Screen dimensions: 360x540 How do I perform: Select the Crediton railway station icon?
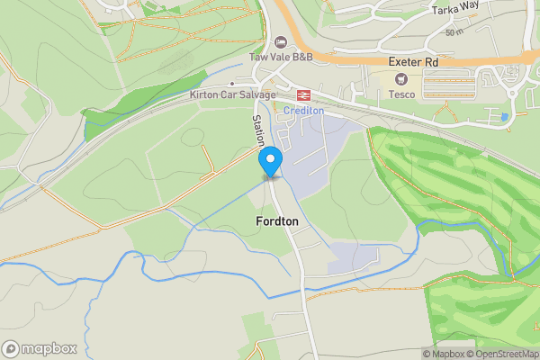coord(302,94)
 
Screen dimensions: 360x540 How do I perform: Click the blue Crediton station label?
coord(302,110)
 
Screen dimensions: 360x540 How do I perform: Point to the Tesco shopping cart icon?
coord(398,79)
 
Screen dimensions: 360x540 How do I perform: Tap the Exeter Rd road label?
coord(413,62)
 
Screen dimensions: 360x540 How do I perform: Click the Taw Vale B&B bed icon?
coord(281,41)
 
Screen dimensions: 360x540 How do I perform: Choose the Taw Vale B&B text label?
coord(281,57)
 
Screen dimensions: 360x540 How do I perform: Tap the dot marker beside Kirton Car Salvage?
coord(231,84)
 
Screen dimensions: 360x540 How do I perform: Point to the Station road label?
coord(258,130)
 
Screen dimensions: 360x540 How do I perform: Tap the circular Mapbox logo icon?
coord(11,348)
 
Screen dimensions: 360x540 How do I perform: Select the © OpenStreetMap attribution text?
coord(501,354)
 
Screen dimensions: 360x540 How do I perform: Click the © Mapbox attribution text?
coord(442,354)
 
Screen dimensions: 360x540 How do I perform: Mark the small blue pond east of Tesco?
coord(503,117)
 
